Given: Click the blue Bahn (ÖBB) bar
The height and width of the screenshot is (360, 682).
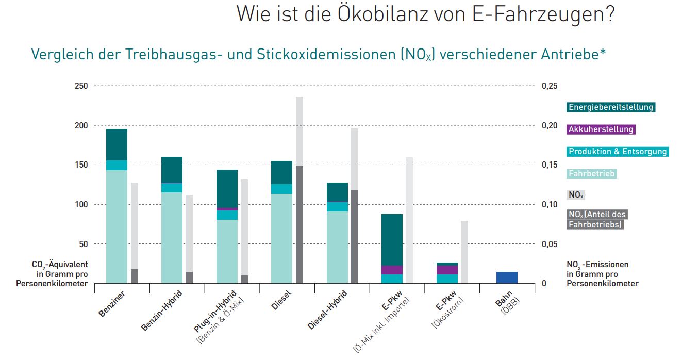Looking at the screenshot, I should [x=507, y=277].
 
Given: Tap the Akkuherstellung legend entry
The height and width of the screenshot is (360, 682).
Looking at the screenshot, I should [x=601, y=129].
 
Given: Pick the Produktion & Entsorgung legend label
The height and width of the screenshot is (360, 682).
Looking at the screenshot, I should [x=618, y=152].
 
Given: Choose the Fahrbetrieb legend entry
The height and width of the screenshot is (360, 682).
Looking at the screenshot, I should [x=592, y=174].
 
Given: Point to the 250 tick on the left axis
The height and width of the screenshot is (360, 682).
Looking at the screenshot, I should [x=81, y=86].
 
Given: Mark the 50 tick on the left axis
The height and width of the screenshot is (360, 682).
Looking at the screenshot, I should [x=84, y=244].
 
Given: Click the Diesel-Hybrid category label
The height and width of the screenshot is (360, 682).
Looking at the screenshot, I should [x=328, y=309].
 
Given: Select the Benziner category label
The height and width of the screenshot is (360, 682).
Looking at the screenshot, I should [x=112, y=305].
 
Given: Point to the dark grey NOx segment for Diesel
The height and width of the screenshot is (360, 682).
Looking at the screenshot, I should [x=300, y=224].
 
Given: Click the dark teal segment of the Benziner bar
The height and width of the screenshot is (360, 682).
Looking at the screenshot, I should [x=117, y=144].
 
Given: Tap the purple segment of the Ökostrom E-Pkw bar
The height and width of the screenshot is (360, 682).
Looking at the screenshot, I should [x=447, y=270].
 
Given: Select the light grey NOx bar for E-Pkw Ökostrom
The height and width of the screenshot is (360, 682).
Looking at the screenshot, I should [x=464, y=252].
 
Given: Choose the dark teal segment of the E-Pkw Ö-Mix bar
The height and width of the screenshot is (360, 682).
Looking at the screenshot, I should [x=392, y=240].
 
